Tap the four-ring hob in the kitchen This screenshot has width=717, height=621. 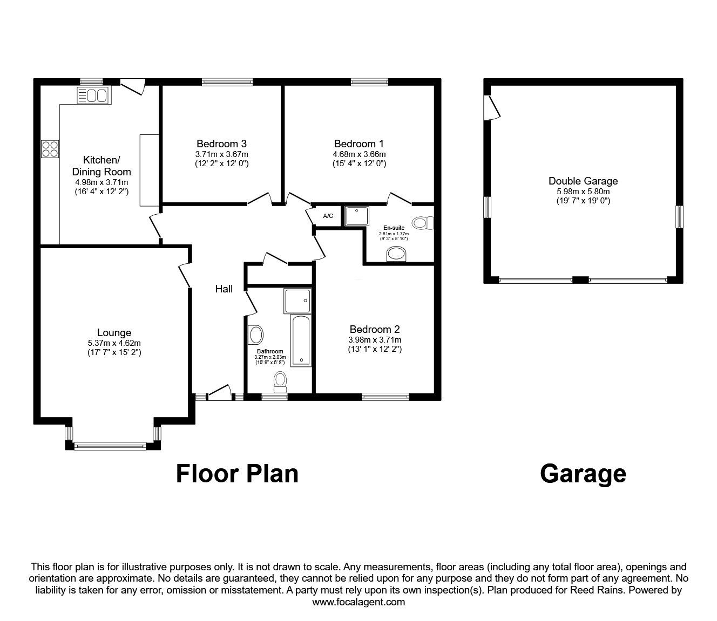click(50, 148)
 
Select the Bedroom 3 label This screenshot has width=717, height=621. click(221, 144)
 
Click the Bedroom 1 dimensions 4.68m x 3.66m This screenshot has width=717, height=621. click(359, 154)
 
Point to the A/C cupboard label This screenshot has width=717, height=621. click(328, 216)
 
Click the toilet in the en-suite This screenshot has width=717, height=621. click(422, 223)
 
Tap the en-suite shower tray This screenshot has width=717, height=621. click(356, 216)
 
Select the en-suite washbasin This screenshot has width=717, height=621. click(398, 254)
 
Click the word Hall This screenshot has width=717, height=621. click(224, 289)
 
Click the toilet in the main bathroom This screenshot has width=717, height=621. click(280, 380)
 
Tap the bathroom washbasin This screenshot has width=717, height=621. click(255, 335)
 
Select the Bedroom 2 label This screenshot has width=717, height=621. click(375, 329)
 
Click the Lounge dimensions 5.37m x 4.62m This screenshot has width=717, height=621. click(114, 343)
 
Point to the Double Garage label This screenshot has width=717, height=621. click(583, 181)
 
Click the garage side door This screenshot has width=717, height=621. click(493, 107)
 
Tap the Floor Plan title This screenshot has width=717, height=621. click(237, 474)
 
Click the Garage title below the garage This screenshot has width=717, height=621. click(583, 474)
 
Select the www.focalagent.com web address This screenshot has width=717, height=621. click(359, 602)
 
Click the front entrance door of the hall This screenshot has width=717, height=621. click(219, 394)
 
